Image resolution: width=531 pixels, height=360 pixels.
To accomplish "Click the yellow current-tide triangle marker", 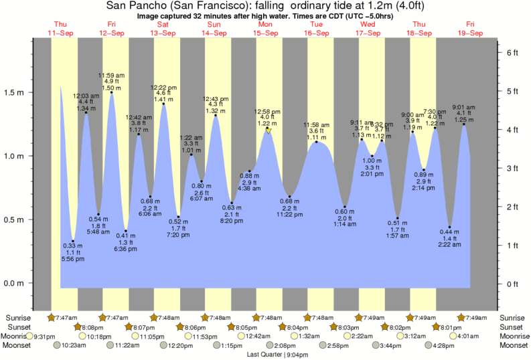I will click(268, 131).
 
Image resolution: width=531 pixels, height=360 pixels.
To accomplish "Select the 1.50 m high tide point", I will click(111, 92).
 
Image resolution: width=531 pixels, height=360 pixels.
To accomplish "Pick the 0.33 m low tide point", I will click(73, 241).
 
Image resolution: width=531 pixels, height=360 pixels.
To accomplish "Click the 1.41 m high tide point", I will click(163, 104).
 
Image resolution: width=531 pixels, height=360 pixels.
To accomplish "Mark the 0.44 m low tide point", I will click(450, 227).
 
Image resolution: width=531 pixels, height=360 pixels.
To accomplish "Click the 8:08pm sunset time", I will click(96, 327).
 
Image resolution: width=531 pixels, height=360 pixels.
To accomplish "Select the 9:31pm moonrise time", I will click(45, 336).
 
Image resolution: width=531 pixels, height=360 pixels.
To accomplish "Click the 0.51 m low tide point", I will click(398, 218).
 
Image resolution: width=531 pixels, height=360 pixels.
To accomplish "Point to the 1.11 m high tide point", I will click(317, 142).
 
